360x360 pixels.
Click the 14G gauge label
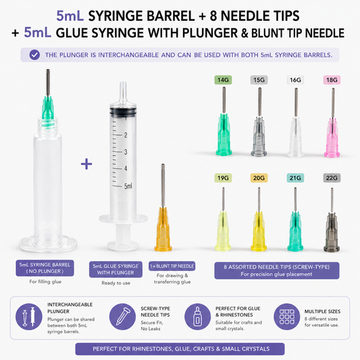click(x=223, y=80)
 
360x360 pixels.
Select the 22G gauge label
click(x=332, y=178)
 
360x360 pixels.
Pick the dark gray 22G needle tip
click(x=332, y=220)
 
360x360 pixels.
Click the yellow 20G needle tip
click(x=259, y=220)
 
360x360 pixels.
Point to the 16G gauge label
click(x=295, y=80)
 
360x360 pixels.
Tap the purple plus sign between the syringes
click(x=86, y=164)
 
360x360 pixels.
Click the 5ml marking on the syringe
click(x=128, y=186)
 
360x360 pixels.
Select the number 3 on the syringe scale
click(x=126, y=152)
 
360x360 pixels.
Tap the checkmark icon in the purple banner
click(x=34, y=55)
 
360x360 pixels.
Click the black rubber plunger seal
click(x=123, y=111)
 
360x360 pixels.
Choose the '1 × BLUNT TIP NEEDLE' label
click(x=172, y=266)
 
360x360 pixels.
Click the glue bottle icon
click(x=198, y=317)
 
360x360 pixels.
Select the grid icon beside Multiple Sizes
click(x=287, y=317)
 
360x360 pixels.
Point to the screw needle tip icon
click(x=122, y=317)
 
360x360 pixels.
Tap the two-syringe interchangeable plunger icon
click(x=29, y=317)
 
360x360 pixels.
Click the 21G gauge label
click(x=295, y=178)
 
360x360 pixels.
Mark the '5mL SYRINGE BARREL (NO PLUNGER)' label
click(x=45, y=268)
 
